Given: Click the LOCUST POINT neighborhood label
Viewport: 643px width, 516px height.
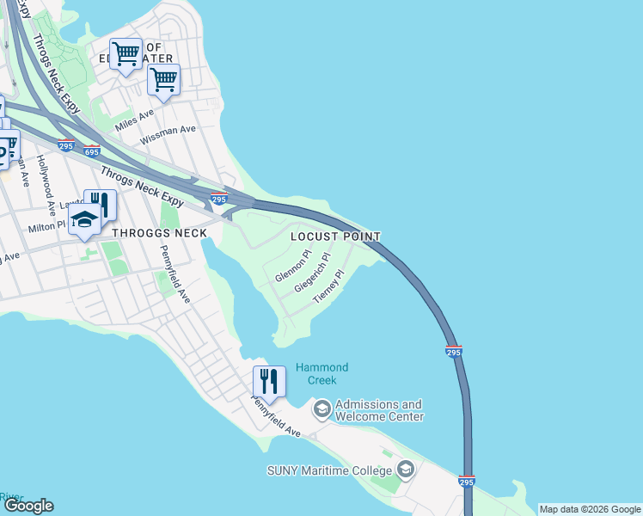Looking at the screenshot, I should click(x=335, y=236).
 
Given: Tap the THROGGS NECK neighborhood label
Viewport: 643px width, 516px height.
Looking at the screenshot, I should click(x=159, y=233).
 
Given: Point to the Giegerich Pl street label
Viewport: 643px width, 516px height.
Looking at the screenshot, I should click(x=312, y=273).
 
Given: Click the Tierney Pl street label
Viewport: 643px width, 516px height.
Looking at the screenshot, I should click(x=328, y=286).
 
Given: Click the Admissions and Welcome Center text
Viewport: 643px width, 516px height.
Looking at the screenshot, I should click(x=379, y=410).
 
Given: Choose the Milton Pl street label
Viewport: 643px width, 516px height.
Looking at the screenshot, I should click(x=47, y=226).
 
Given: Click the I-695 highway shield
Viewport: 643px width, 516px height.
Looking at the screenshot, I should click(x=92, y=152).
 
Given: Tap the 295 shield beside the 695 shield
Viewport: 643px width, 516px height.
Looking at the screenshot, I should click(x=66, y=144).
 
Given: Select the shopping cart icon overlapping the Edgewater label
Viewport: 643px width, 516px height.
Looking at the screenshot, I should click(x=126, y=54).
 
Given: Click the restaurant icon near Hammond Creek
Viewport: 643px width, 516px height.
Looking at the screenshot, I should click(x=269, y=379).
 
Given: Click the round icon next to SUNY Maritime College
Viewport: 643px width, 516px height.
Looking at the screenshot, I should click(x=406, y=470).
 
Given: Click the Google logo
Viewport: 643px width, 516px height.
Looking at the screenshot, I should click(x=28, y=506).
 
